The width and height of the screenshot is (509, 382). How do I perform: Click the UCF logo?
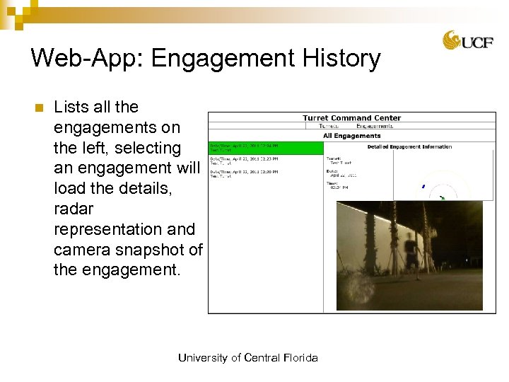463,40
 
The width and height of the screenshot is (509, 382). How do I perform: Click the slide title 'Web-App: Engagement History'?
206,58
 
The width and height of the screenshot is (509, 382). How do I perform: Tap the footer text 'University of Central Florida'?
247,358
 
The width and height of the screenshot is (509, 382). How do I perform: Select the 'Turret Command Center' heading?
351,118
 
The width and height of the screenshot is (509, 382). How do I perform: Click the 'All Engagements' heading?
351,136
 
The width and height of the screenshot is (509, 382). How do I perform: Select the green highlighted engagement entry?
264,149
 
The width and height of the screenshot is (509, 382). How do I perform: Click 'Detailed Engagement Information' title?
409,146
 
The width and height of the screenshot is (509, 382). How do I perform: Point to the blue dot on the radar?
423,187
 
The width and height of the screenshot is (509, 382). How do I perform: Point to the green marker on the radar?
442,198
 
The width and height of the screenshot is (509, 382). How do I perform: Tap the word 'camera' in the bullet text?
83,250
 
